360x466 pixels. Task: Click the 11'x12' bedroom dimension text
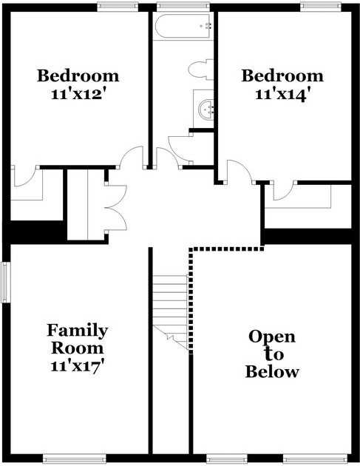pyautogui.click(x=78, y=94)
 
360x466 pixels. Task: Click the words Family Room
pyautogui.click(x=78, y=338)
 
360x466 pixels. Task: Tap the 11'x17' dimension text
pyautogui.click(x=78, y=365)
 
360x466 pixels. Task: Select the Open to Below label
pyautogui.click(x=272, y=354)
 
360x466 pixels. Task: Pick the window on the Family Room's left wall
pyautogui.click(x=5, y=282)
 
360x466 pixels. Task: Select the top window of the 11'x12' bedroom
pyautogui.click(x=118, y=7)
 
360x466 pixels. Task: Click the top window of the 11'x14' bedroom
pyautogui.click(x=320, y=7)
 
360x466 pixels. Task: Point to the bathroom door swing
pyautogui.click(x=179, y=148)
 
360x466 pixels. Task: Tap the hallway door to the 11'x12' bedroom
pyautogui.click(x=132, y=158)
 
